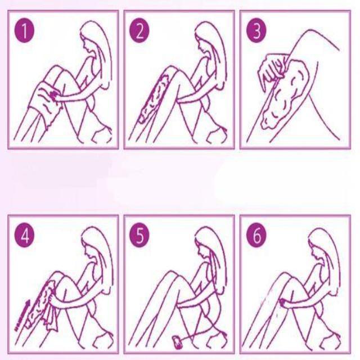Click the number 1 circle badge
coord(24,31)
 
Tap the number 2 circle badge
coord(139,31)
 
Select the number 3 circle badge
coord(256,31)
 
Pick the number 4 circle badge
coord(24,236)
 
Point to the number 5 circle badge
coord(139,236)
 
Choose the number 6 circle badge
coord(256,236)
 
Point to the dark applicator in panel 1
coord(53,94)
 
